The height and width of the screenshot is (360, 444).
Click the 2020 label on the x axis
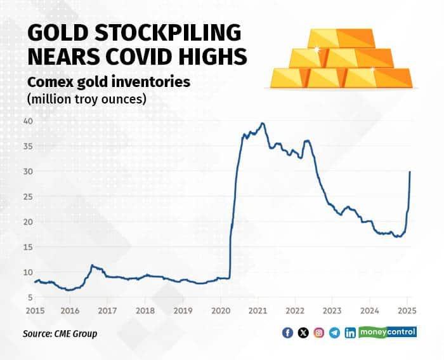click(220, 311)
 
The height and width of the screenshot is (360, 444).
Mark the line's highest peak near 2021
click(263, 123)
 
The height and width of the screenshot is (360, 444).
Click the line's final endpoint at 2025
click(410, 172)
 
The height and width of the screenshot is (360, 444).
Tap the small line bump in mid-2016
click(93, 265)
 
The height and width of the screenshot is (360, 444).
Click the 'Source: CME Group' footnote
click(60, 333)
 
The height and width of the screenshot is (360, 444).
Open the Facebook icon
click(288, 333)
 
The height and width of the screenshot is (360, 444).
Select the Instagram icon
click(319, 333)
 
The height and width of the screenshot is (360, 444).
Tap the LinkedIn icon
click(350, 333)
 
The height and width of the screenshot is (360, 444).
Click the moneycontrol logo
click(388, 332)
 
